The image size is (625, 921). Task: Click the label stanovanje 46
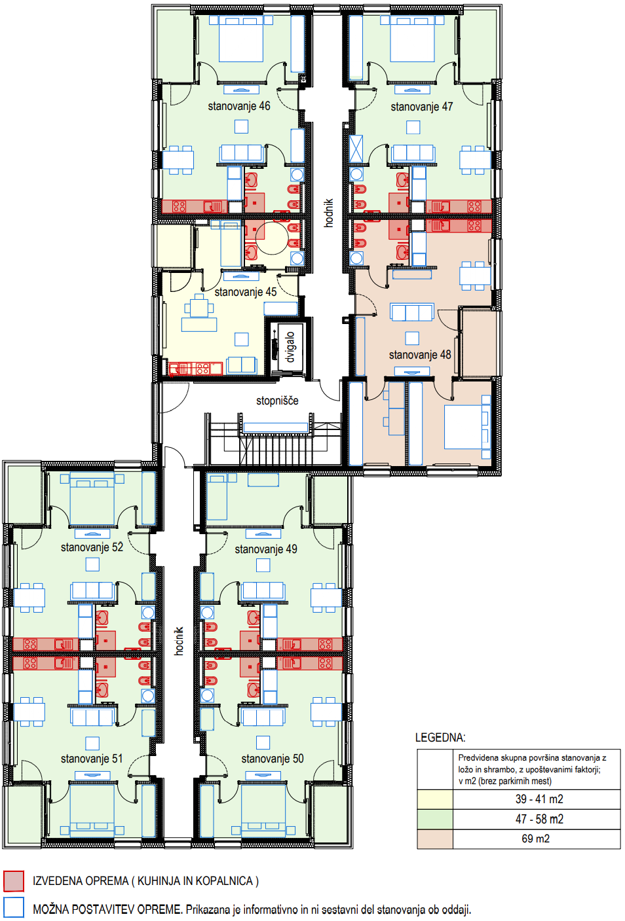click(239, 106)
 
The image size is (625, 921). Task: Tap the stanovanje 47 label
click(422, 107)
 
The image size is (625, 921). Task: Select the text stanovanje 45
click(246, 292)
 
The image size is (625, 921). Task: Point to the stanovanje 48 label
click(420, 354)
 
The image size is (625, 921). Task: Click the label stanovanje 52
click(92, 547)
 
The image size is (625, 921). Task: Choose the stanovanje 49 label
click(266, 549)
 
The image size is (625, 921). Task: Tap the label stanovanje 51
click(92, 759)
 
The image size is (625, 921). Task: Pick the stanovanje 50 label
click(273, 759)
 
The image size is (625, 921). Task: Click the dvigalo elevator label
click(290, 348)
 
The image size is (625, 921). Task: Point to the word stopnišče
click(277, 401)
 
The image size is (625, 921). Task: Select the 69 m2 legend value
click(536, 839)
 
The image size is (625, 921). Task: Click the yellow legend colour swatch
click(435, 799)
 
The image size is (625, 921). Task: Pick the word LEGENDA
click(440, 737)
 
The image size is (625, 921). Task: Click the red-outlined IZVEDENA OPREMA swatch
click(14, 881)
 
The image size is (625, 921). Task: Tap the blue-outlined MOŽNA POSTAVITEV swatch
click(14, 907)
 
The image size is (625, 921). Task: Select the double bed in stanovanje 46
click(240, 39)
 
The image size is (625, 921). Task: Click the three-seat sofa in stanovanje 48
click(412, 312)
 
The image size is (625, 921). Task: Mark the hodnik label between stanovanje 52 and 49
click(179, 641)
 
